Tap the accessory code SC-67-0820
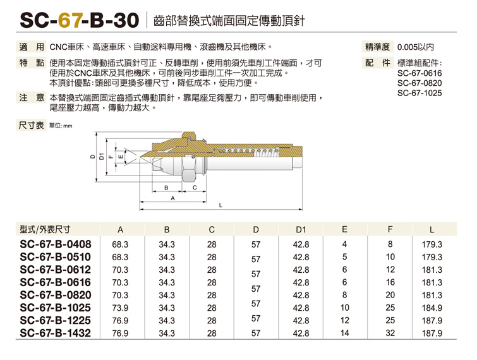(420, 83)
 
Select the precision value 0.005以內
(416, 47)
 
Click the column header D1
(301, 229)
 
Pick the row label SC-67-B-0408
(56, 244)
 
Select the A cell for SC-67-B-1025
(120, 308)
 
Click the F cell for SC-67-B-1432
(390, 333)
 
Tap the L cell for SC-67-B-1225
(432, 320)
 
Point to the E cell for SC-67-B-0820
(344, 295)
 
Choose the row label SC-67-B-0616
(56, 282)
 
